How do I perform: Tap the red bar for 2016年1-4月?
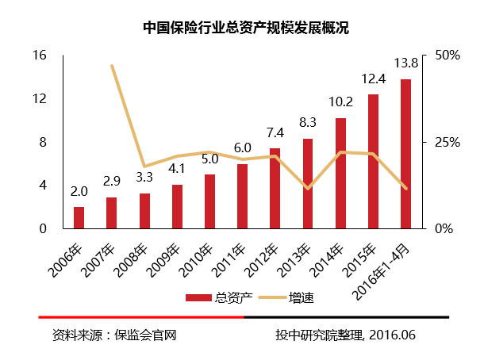[x=405, y=154]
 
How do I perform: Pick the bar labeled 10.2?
[x=340, y=173]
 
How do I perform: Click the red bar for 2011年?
[x=242, y=196]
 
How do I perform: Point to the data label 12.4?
[x=373, y=79]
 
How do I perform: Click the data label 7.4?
[x=275, y=132]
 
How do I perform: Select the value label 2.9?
[x=112, y=182]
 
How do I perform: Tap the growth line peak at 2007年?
[x=112, y=66]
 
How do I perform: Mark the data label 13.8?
[x=406, y=63]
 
